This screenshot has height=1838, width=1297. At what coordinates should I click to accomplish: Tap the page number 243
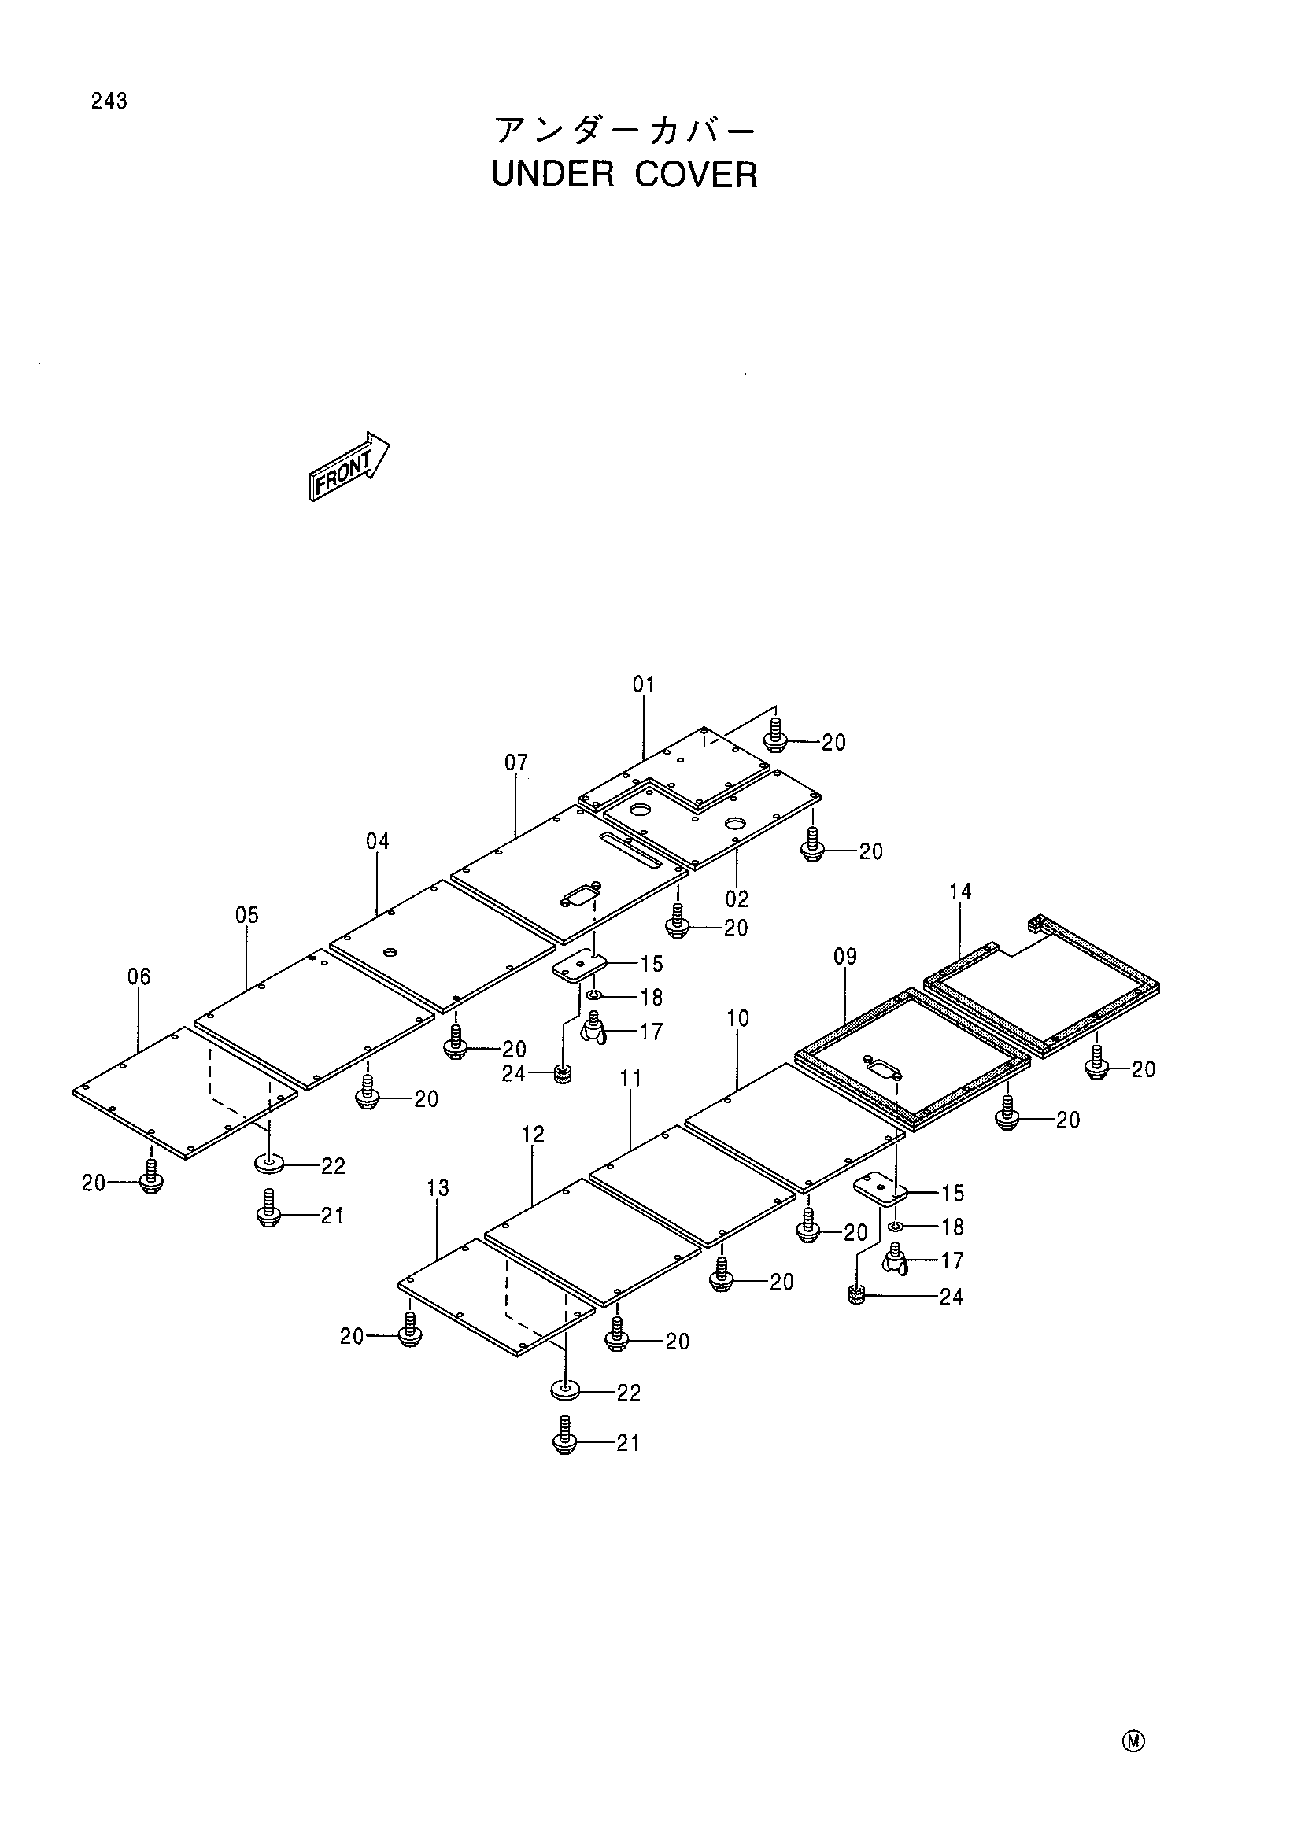pos(109,101)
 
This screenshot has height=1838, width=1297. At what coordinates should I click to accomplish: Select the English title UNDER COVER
pos(623,175)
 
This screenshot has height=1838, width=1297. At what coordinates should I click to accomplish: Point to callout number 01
pos(644,685)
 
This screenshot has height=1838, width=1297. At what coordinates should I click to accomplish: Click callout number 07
pos(516,763)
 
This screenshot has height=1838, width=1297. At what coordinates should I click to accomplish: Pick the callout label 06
pos(139,976)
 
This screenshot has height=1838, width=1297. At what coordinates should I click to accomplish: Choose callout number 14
pos(960,891)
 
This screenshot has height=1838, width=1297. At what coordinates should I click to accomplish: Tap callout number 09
pos(844,957)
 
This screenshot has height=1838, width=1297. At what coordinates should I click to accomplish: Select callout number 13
pos(437,1188)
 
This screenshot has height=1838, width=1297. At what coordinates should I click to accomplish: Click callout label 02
pos(737,899)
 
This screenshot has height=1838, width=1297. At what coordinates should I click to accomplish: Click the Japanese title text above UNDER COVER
pos(623,130)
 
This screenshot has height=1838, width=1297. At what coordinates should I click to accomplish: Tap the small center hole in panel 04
pos(390,951)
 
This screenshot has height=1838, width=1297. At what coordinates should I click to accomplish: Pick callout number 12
pos(532,1135)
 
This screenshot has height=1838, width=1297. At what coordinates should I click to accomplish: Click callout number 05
pos(246,915)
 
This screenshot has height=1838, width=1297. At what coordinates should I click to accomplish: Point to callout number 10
pos(737,1018)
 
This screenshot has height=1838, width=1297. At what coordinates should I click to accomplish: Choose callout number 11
pos(631,1078)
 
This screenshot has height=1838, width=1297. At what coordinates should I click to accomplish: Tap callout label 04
pos(377,841)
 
